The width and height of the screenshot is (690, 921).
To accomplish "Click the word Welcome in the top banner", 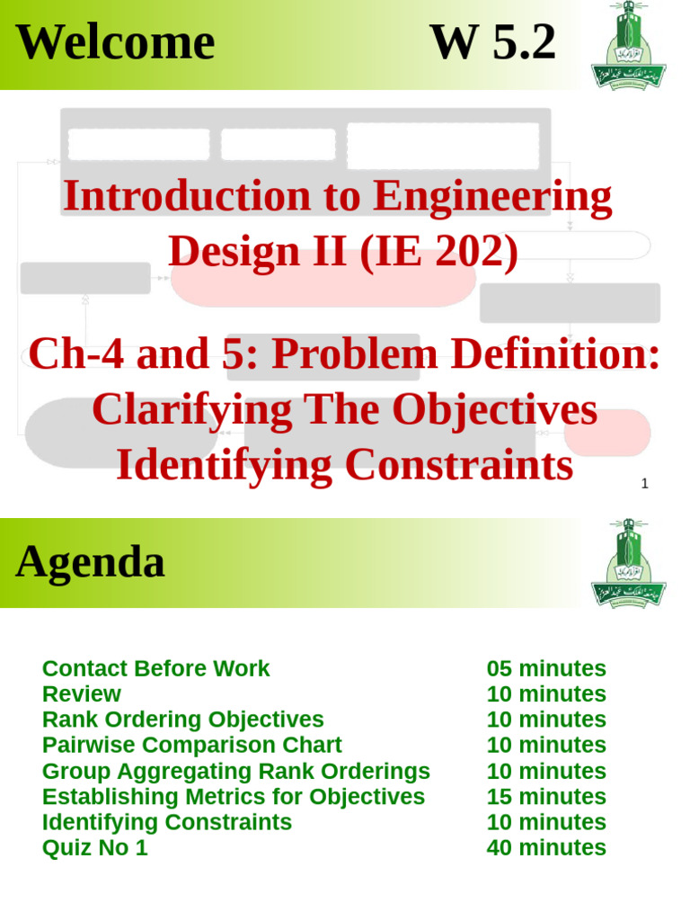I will [x=115, y=42].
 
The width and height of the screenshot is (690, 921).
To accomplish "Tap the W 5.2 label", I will [x=492, y=42].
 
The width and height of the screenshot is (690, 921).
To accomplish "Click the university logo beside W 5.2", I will [x=628, y=45].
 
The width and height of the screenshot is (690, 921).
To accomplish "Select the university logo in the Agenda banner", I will [x=628, y=563].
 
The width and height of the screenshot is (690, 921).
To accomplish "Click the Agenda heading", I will [x=90, y=562].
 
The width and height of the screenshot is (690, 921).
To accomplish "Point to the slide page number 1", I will [x=644, y=484].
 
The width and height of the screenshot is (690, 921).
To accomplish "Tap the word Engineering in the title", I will [x=492, y=196].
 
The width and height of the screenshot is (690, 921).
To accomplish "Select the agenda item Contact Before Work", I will [x=155, y=669].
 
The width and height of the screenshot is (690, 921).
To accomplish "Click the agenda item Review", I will [x=81, y=694].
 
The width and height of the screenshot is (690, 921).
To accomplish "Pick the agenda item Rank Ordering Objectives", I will [x=182, y=720].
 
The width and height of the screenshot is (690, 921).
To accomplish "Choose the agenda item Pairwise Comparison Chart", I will [x=191, y=746].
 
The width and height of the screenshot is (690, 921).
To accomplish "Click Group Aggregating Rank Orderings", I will [x=235, y=772].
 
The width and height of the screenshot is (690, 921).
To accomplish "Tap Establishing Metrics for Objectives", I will [x=233, y=797].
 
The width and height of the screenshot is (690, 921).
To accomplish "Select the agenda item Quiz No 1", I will [x=94, y=848].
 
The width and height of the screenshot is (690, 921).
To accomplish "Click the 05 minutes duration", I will [x=546, y=669].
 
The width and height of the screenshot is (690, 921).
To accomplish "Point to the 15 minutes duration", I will [x=546, y=797].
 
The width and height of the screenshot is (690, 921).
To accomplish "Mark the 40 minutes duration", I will [x=546, y=848].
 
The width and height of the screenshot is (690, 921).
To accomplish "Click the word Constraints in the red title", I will [x=458, y=465].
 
